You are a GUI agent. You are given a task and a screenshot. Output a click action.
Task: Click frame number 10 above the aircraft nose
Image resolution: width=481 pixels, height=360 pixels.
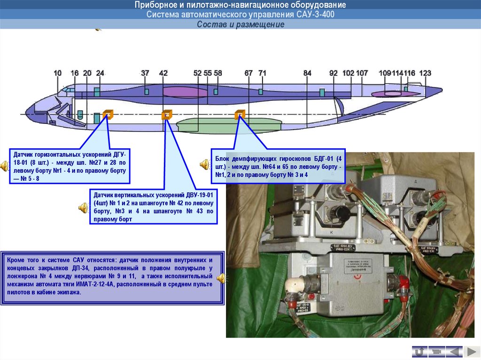pos(57,73)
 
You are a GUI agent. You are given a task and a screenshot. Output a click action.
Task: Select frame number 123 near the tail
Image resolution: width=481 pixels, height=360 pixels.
pos(425,73)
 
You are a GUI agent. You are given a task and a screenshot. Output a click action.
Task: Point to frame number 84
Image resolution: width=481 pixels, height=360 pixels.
pos(307,73)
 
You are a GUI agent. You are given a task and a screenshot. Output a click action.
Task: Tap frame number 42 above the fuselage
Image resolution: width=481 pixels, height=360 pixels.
pos(163,73)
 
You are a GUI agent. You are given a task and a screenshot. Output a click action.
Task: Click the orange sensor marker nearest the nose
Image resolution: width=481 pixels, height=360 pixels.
pos(108,114)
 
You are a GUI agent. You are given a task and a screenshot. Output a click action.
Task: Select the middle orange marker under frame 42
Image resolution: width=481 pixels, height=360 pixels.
pos(166,115)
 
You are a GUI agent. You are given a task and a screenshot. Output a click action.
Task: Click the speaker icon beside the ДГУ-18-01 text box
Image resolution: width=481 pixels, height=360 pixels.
pos(4,165)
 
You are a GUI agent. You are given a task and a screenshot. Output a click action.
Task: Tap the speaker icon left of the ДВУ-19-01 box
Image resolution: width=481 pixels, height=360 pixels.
pos(83,207)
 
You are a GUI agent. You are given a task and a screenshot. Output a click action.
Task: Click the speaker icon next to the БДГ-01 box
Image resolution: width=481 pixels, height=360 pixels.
pos(205,164)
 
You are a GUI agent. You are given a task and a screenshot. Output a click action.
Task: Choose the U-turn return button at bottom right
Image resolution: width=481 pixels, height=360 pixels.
pos(419,351)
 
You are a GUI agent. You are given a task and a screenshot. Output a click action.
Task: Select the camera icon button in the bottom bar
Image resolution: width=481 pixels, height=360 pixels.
pos(436,351)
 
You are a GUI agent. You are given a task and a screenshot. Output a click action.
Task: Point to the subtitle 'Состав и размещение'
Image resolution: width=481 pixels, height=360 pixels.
pos(240,25)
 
